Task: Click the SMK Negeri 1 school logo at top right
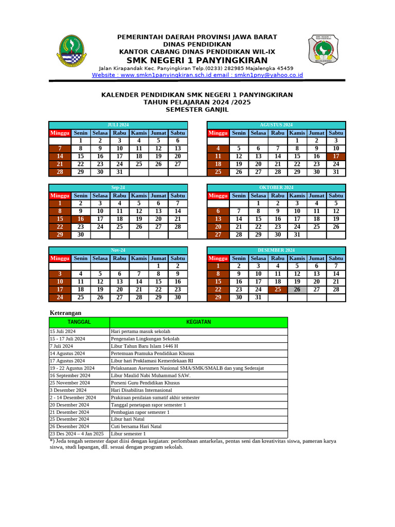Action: point(323,50)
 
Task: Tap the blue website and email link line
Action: point(197,75)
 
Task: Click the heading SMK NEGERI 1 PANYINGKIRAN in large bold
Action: point(197,60)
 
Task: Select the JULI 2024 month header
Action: point(118,125)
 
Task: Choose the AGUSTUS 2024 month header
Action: point(276,125)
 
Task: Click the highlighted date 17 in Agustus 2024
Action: point(336,156)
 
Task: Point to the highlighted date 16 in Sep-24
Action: point(80,219)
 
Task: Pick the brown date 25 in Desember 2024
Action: point(278,289)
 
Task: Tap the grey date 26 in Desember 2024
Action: point(297,289)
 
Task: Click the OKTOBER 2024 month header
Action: point(276,187)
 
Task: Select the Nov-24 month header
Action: point(118,250)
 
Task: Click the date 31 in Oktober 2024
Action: point(297,235)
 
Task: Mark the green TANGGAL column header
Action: point(79,322)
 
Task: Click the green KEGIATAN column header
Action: point(198,322)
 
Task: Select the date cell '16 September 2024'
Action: point(69,376)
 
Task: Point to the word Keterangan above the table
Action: point(65,312)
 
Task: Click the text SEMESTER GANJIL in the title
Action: point(197,110)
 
